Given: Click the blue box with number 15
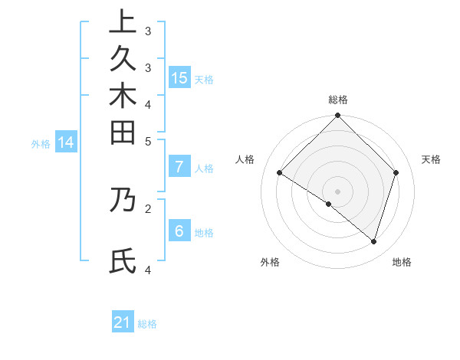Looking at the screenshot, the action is (179, 77).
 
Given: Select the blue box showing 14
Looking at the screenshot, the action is (66, 142).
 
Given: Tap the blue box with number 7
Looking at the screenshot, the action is (179, 167).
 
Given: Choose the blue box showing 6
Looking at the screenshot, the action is (179, 231).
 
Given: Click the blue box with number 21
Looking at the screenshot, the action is (123, 322).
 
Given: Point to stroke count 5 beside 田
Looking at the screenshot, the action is (148, 141).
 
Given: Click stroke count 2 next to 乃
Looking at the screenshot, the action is (148, 207).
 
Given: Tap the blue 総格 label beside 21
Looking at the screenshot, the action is (147, 324).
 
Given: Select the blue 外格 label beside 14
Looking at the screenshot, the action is (41, 143).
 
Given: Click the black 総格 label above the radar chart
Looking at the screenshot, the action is (338, 100).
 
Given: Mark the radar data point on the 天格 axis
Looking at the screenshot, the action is (396, 172).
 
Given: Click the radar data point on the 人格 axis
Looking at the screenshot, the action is (280, 173).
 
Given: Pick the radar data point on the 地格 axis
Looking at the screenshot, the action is (373, 241).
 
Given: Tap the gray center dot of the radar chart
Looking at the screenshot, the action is (338, 191).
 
